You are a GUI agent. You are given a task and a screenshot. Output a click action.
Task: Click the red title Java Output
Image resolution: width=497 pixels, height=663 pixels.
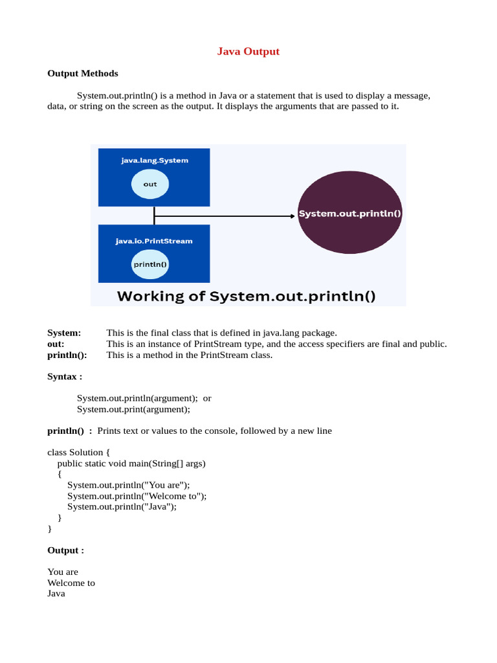248,51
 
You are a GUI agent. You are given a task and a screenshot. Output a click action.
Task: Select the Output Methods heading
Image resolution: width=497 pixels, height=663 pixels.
82,73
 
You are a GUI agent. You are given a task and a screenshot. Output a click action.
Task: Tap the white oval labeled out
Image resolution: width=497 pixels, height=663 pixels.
150,185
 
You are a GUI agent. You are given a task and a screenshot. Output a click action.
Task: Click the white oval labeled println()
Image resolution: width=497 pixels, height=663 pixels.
150,264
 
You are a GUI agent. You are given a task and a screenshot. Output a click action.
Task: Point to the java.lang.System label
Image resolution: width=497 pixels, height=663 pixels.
154,160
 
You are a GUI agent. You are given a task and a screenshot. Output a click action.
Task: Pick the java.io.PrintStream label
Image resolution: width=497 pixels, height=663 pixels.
154,241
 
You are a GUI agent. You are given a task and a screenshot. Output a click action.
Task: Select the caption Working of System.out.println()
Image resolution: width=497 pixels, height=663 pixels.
246,297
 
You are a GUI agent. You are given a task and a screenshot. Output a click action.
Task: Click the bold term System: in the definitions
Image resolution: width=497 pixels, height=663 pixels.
64,333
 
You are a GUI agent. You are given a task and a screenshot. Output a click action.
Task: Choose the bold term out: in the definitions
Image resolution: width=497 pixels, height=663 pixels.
56,344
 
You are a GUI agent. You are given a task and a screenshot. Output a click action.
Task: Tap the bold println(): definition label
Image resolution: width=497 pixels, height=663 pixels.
67,355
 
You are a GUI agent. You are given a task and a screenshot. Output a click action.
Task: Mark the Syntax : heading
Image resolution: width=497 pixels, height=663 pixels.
65,376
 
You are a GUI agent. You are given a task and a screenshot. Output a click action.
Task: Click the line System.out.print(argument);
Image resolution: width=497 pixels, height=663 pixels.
133,409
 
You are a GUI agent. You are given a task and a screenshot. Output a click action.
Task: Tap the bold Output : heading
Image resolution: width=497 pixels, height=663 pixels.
65,550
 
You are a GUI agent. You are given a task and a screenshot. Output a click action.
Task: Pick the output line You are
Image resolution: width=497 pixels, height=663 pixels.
63,572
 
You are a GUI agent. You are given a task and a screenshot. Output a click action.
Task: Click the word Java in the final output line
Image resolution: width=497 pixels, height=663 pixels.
56,594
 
